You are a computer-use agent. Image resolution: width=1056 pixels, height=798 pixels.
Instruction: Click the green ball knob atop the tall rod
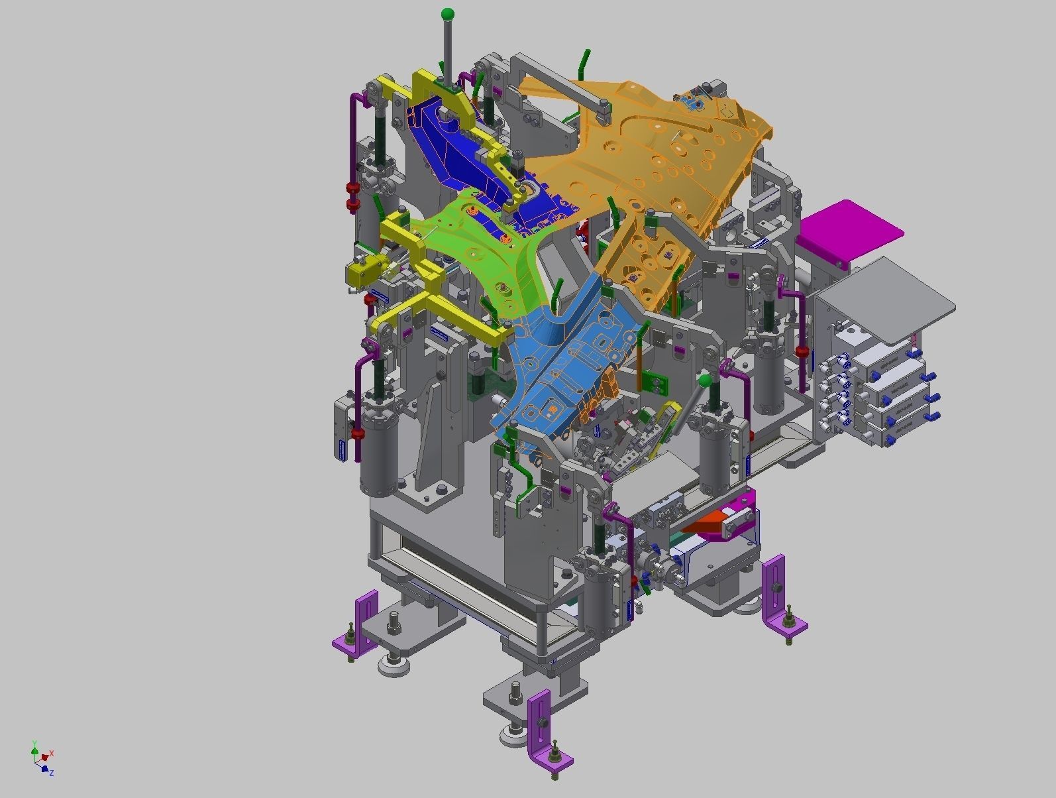click(448, 14)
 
